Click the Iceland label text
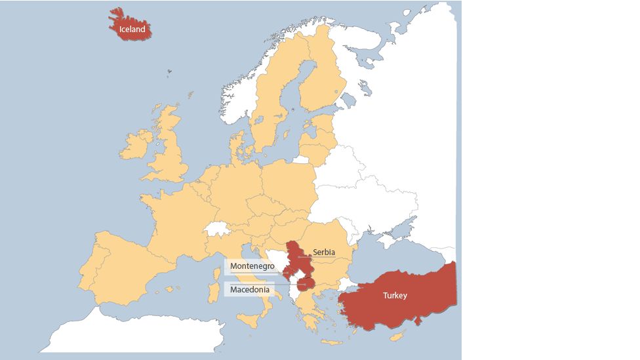132,30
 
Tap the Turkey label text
395,296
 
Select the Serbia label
324,252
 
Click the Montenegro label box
252,267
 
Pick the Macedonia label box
250,289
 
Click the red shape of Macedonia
306,284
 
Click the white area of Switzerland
217,229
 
